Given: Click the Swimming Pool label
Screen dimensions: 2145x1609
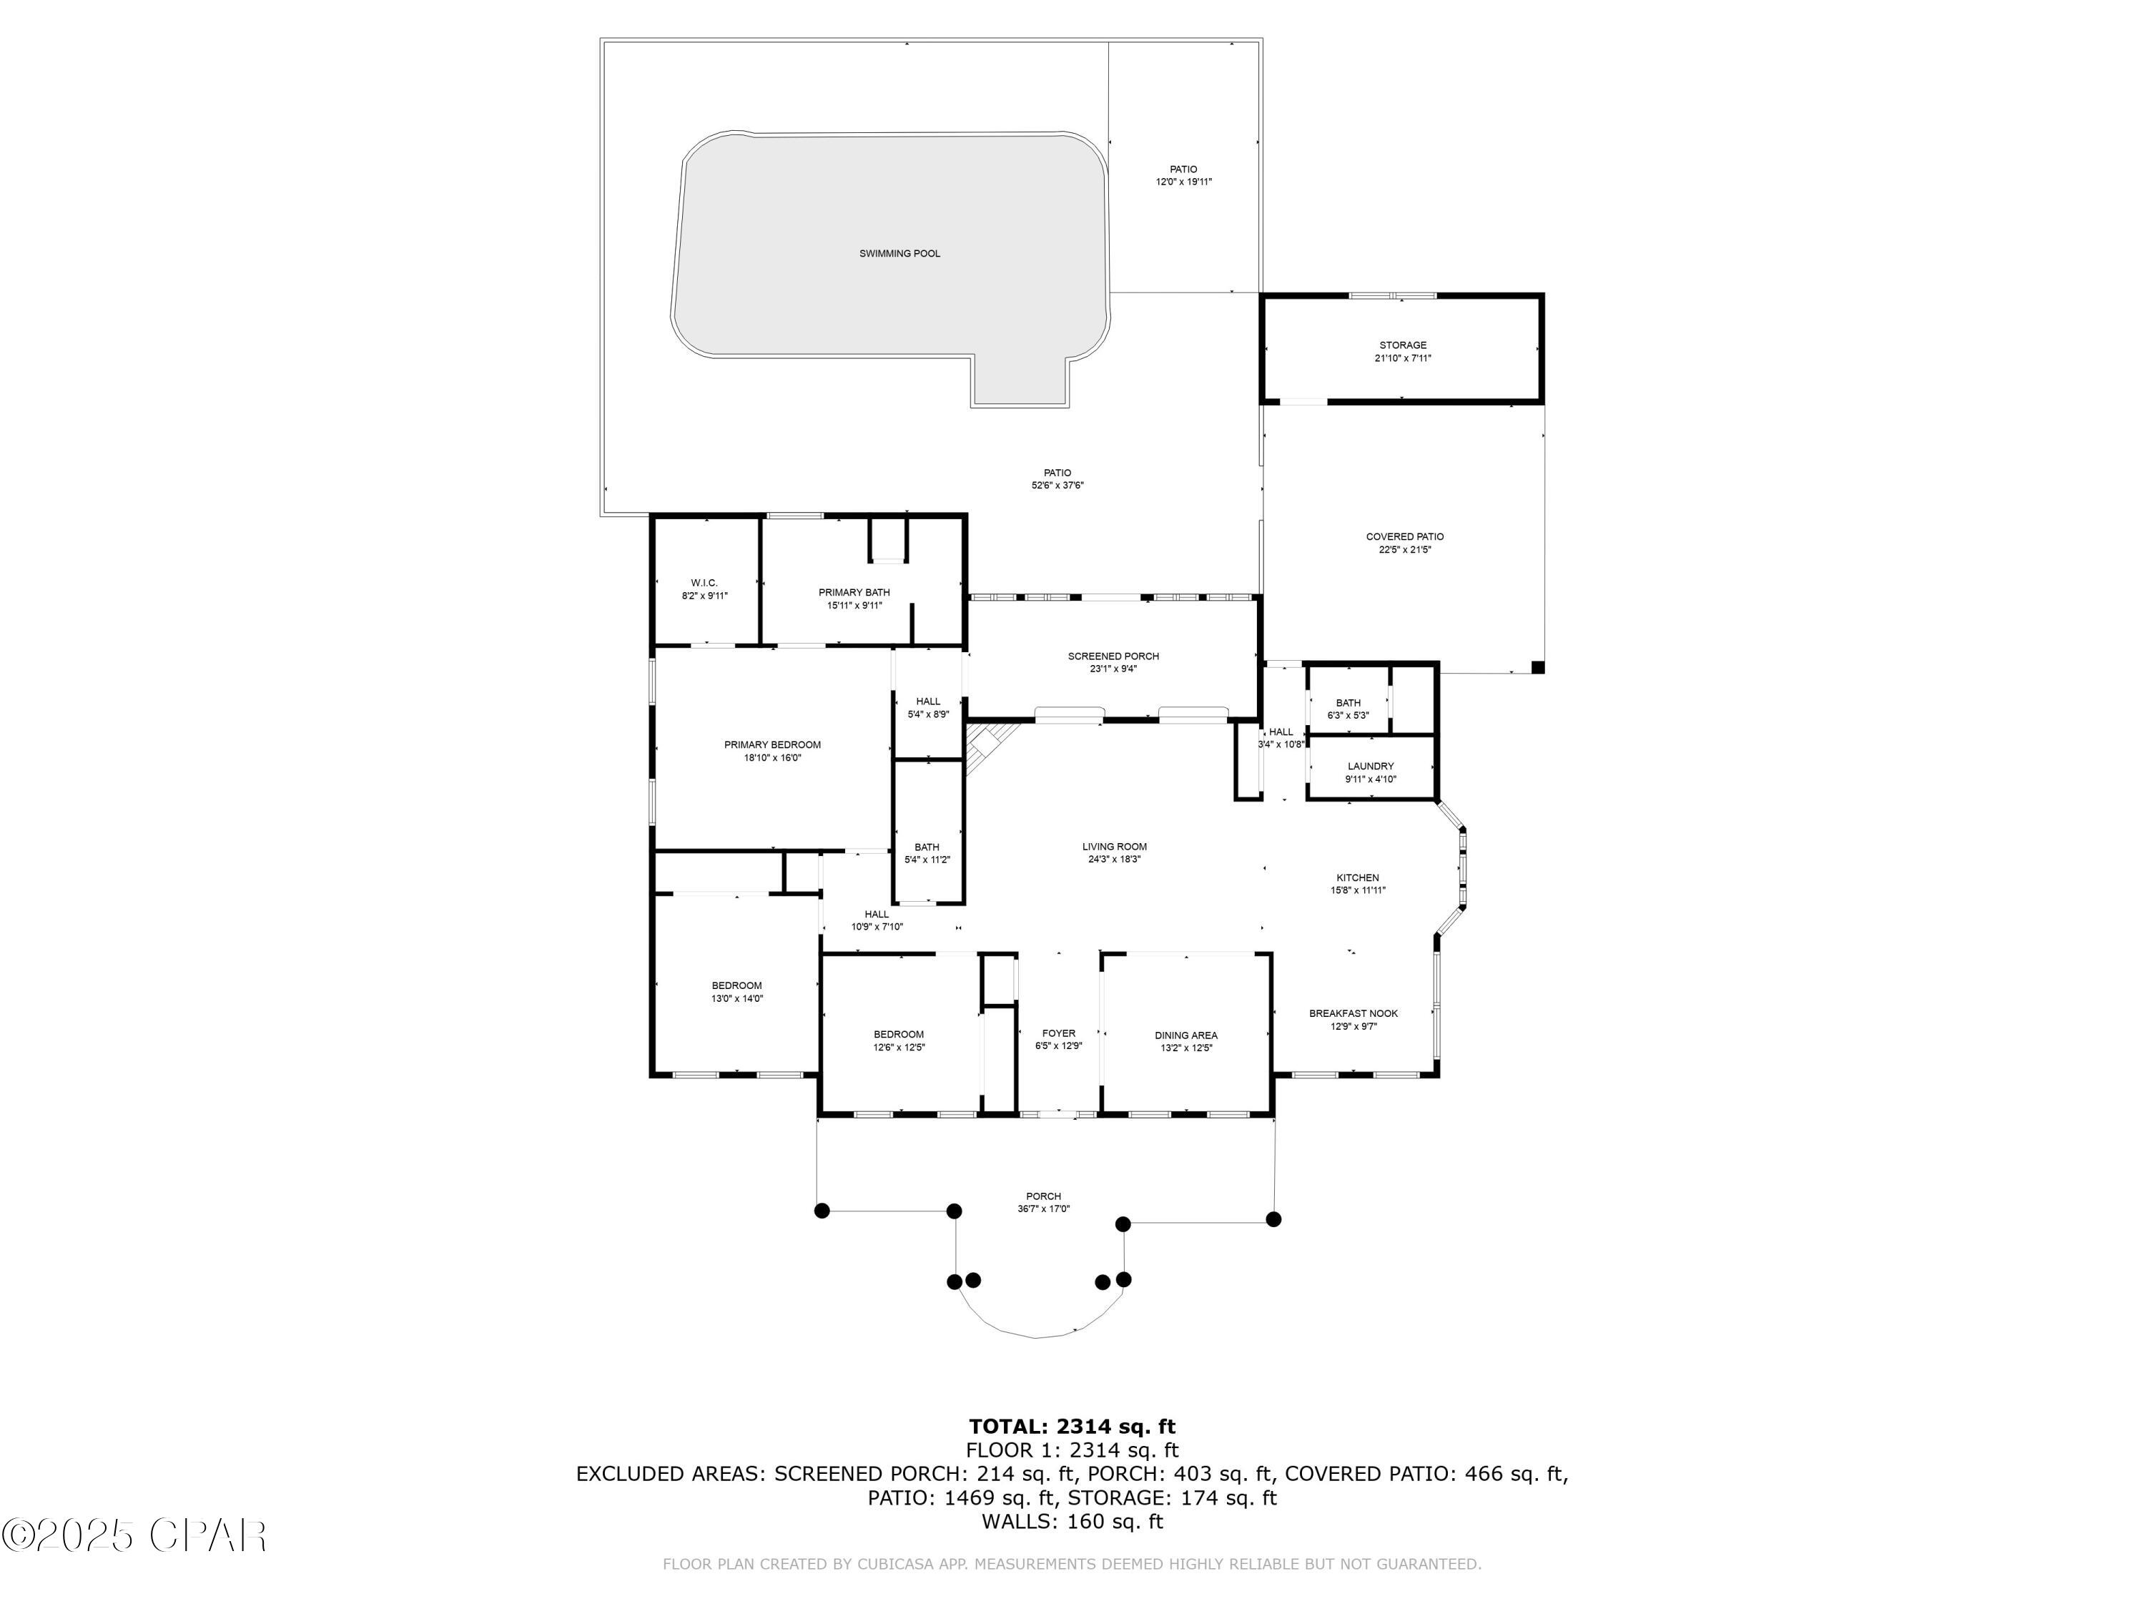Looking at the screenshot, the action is click(x=899, y=254).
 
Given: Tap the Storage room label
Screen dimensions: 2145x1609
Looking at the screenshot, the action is click(x=1402, y=345).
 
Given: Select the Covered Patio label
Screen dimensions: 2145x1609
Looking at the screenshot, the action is click(x=1404, y=536).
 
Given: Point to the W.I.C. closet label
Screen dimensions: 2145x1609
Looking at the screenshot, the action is click(x=704, y=583).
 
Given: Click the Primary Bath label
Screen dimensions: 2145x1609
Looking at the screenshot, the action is click(x=853, y=593).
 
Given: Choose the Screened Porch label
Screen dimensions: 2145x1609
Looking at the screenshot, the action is click(x=1113, y=656).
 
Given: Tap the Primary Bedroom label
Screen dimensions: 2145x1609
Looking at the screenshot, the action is click(x=772, y=745).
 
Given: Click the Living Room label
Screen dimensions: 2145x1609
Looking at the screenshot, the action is click(x=1114, y=847).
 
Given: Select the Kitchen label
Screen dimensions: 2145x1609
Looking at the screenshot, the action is click(x=1356, y=877).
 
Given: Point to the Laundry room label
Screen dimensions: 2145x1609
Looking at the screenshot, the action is click(x=1370, y=766).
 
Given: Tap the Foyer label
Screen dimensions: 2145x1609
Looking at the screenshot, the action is click(x=1058, y=1034).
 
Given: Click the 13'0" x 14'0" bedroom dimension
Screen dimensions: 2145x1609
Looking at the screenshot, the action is click(x=737, y=998).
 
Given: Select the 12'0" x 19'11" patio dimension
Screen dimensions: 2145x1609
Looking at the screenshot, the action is click(x=1183, y=182).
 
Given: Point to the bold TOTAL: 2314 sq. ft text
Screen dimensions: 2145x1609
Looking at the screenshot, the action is click(x=1072, y=1427).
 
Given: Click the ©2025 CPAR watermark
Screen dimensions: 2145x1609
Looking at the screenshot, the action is click(x=135, y=1535).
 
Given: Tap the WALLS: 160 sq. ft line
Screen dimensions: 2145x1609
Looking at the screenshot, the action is click(x=1072, y=1522).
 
